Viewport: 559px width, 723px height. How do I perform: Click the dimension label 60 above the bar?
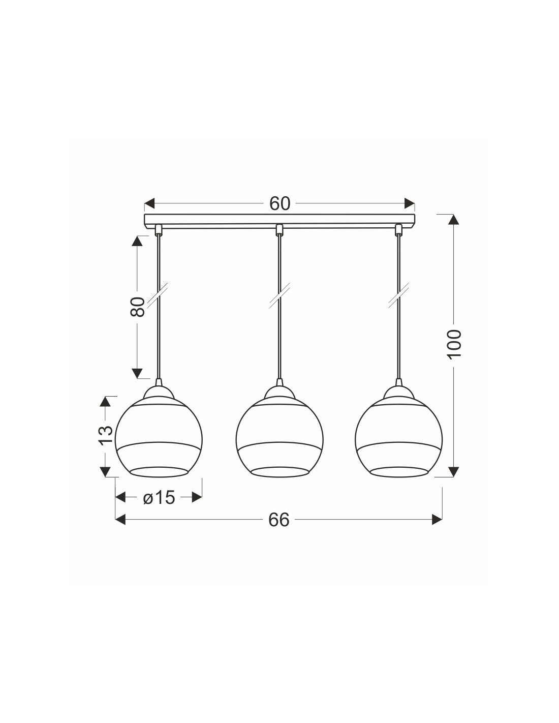pos(279,203)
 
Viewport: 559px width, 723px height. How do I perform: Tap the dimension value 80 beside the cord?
pos(137,307)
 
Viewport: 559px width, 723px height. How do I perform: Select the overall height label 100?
pos(454,344)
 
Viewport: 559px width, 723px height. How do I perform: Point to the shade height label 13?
pos(105,435)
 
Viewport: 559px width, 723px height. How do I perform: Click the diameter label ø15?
pos(159,498)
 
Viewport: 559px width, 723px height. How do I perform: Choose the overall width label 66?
pos(279,520)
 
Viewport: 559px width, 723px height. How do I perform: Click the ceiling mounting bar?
pos(279,220)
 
